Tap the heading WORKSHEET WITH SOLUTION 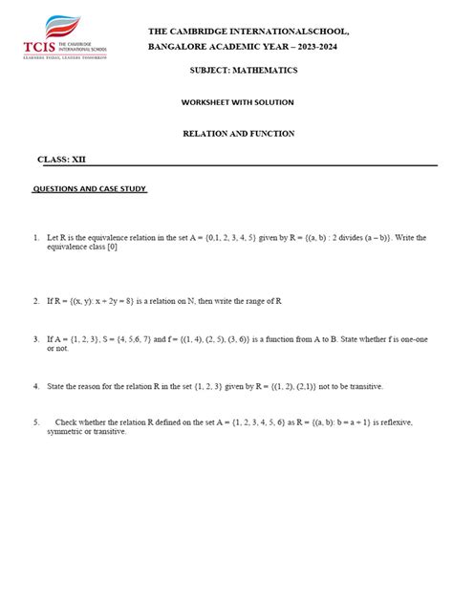pos(238,102)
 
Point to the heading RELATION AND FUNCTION pos(239,134)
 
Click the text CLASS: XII pos(61,159)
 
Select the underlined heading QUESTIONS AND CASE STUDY pos(90,189)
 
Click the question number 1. pos(35,237)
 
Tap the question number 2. pos(35,300)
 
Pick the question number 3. pos(35,338)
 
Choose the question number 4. pos(35,386)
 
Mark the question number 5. pos(35,421)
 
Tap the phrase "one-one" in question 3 pos(415,338)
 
